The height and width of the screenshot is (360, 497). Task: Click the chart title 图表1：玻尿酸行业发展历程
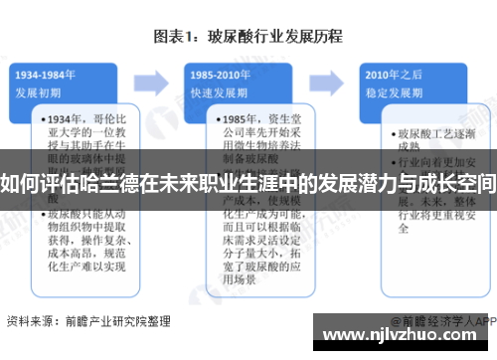click(x=248, y=37)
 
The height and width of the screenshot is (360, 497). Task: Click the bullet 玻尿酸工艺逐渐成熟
click(x=432, y=139)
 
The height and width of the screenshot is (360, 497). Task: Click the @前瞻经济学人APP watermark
click(x=442, y=322)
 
